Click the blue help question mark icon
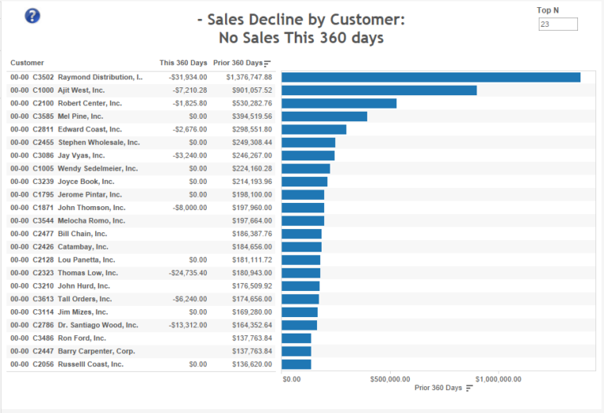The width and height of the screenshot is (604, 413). pos(32,16)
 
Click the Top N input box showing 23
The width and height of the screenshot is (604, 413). pos(558,24)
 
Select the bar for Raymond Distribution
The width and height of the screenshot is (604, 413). pos(430,77)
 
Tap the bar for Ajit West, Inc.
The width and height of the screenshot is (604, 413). pos(379,90)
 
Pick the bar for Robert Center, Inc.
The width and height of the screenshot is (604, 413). pos(339,103)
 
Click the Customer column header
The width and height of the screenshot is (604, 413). pos(28,63)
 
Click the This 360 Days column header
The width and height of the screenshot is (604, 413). pos(183,63)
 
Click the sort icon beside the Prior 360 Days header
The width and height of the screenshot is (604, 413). pos(267,64)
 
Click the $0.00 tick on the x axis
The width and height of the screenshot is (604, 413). pos(291,379)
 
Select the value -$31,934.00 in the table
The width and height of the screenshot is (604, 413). pos(187,77)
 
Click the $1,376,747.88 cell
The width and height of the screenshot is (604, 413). pos(249,77)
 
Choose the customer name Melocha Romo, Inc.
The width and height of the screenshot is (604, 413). pos(91,221)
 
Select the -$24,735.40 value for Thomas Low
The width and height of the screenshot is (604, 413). pos(187,273)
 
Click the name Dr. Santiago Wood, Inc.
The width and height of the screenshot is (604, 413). pos(98,325)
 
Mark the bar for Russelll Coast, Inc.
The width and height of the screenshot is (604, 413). pos(296,364)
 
